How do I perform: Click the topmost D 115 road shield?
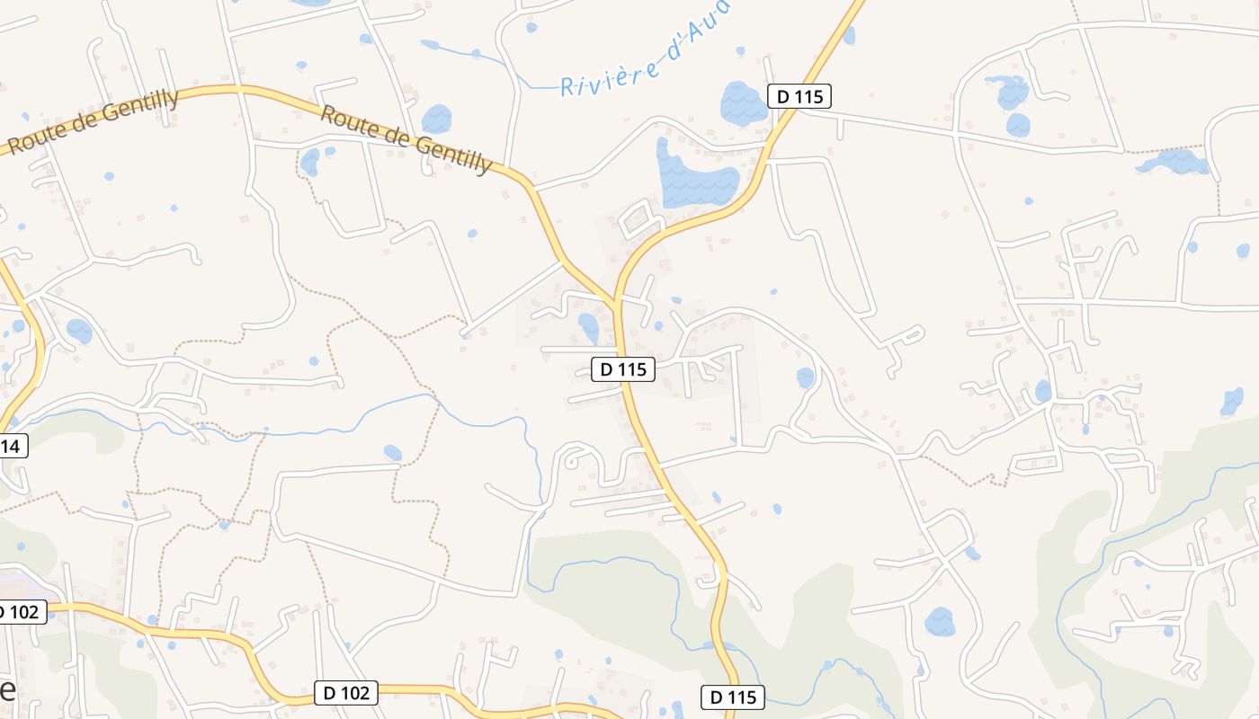pyautogui.click(x=799, y=96)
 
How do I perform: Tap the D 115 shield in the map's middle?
pyautogui.click(x=623, y=368)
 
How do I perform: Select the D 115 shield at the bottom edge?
pyautogui.click(x=733, y=697)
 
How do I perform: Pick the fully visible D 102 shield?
pyautogui.click(x=346, y=693)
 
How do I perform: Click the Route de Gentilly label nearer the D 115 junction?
pyautogui.click(x=406, y=138)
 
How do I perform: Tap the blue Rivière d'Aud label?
pyautogui.click(x=644, y=50)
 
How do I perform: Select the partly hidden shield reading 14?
pyautogui.click(x=13, y=446)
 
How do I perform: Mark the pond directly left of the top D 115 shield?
pyautogui.click(x=743, y=104)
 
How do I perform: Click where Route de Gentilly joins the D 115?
pyautogui.click(x=617, y=302)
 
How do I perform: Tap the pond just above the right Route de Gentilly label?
pyautogui.click(x=437, y=119)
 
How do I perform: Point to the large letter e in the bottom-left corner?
pyautogui.click(x=7, y=690)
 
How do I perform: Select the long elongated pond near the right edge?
pyautogui.click(x=1173, y=163)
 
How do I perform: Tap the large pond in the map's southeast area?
pyautogui.click(x=940, y=621)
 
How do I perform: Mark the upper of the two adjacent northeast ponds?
pyautogui.click(x=1009, y=92)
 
